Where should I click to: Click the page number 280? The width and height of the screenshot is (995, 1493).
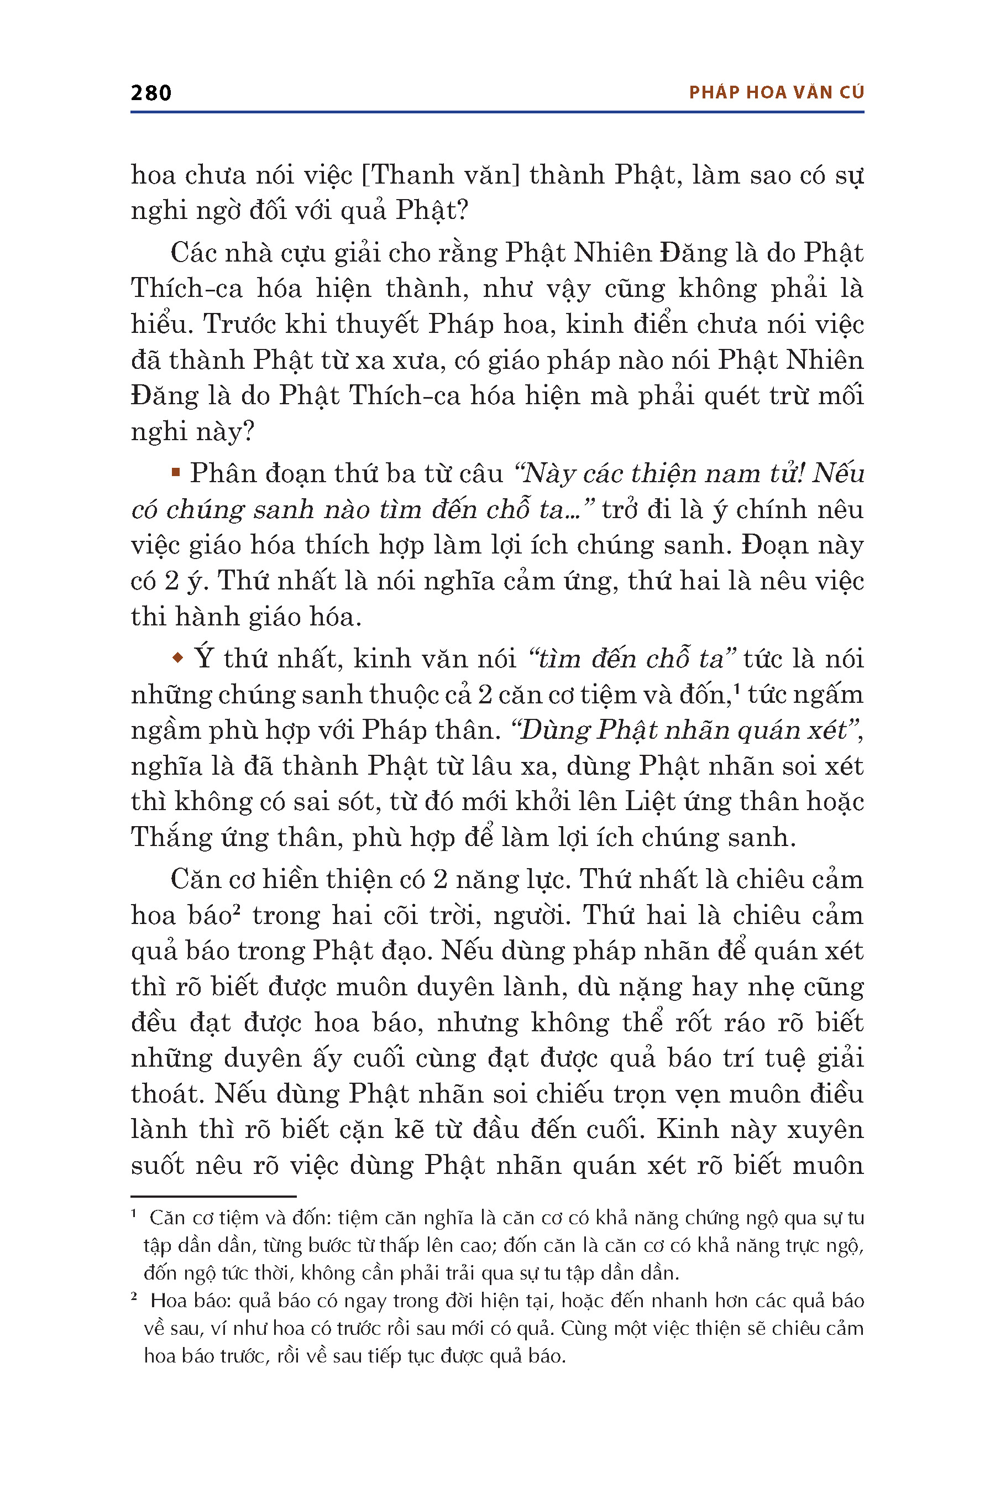(x=151, y=93)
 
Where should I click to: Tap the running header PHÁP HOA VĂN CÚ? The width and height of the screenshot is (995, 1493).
(x=776, y=93)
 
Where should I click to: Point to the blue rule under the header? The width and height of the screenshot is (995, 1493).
(x=497, y=112)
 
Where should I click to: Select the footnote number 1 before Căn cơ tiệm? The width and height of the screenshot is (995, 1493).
(x=134, y=1214)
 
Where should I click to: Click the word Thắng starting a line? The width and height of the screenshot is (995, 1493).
(x=171, y=838)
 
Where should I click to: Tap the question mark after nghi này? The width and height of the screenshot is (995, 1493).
(x=248, y=432)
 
